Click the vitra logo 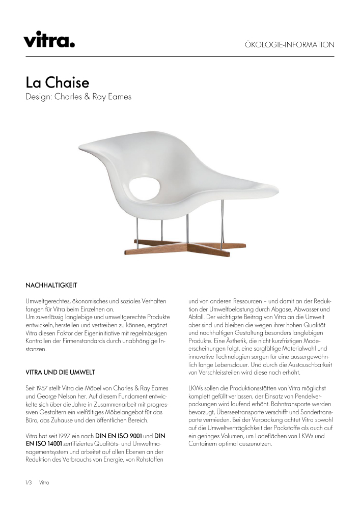pos(49,39)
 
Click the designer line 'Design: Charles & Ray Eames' pos(78,97)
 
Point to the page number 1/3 pos(29,482)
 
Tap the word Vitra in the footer pos(44,482)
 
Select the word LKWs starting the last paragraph pos(196,388)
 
